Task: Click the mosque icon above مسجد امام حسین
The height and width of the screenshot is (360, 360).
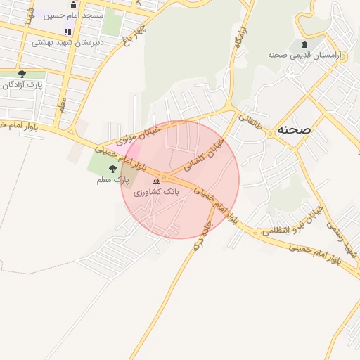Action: click(74, 5)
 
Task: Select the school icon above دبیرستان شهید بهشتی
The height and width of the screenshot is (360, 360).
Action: click(68, 32)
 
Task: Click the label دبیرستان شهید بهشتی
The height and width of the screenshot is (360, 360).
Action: click(68, 42)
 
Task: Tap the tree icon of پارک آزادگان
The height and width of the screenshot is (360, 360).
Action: click(22, 73)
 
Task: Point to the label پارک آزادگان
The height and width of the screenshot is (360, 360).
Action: click(22, 84)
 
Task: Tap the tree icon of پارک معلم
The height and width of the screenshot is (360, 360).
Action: click(112, 169)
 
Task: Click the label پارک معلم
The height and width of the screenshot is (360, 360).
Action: click(112, 181)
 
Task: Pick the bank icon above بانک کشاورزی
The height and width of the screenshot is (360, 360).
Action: click(156, 181)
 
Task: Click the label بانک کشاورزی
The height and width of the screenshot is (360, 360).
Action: click(157, 191)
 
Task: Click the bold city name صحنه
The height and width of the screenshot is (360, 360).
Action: click(295, 130)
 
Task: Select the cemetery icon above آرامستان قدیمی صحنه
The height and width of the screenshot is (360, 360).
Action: click(304, 44)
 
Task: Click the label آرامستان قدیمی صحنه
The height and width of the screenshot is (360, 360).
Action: click(304, 55)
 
